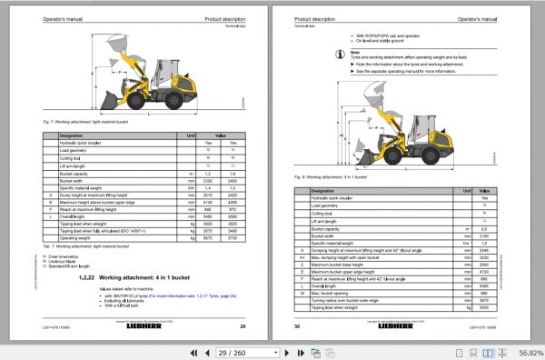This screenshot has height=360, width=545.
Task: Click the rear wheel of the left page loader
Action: click(x=193, y=99)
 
